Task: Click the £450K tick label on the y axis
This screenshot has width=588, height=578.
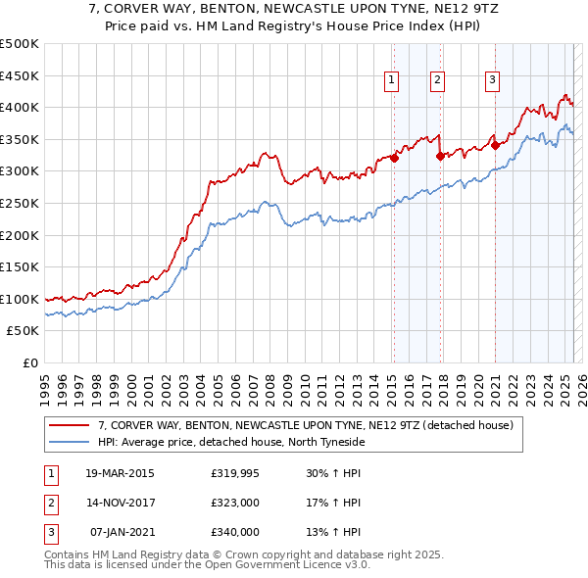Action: pyautogui.click(x=20, y=75)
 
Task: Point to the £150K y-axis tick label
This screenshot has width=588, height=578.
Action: pyautogui.click(x=20, y=266)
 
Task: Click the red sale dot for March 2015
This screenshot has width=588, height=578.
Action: pyautogui.click(x=394, y=158)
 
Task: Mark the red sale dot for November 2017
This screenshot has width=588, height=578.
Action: pyautogui.click(x=440, y=156)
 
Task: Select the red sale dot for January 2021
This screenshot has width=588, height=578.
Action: pyautogui.click(x=495, y=145)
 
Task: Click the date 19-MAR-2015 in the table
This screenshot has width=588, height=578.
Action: pyautogui.click(x=119, y=473)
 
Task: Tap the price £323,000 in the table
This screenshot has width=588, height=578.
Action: pyautogui.click(x=234, y=503)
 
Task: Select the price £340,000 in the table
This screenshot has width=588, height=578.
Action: pyautogui.click(x=234, y=532)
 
